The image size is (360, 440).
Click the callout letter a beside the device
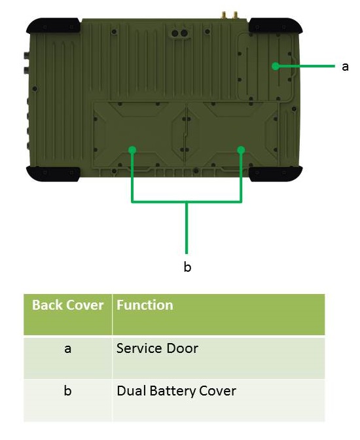point(345,67)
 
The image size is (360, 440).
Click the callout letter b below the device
point(187,266)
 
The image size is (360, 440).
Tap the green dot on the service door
point(276,66)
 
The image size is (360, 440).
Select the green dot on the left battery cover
point(132,150)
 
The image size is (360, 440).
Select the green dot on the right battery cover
point(241,150)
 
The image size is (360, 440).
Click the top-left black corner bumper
point(53,26)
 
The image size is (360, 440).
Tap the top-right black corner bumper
point(276,26)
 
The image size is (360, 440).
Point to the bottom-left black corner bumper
point(53,174)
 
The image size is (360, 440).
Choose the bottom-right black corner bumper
point(276,174)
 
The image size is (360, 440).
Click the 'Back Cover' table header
point(67,305)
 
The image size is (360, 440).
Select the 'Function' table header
point(145,305)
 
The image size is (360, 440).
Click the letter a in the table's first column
point(67,349)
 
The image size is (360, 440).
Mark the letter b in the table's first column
point(67,391)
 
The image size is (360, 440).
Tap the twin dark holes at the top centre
point(179,33)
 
